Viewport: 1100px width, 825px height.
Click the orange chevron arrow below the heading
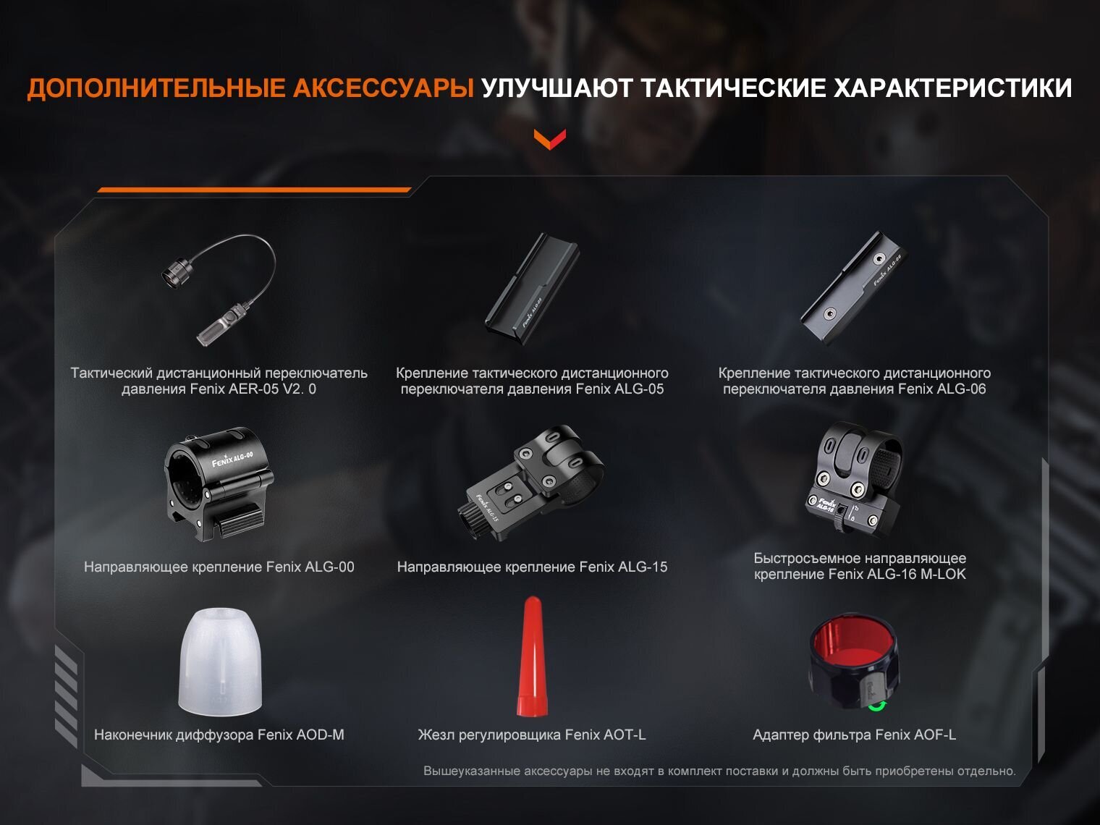550,139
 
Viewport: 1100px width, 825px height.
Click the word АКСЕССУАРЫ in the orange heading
384,88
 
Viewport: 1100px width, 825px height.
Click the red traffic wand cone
532,656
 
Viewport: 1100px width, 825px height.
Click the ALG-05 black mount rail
532,288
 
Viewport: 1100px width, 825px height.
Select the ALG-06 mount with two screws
853,287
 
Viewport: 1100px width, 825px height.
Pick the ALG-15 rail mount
530,483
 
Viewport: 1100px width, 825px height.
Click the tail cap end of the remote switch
175,273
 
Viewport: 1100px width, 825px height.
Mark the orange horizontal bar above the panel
254,190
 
